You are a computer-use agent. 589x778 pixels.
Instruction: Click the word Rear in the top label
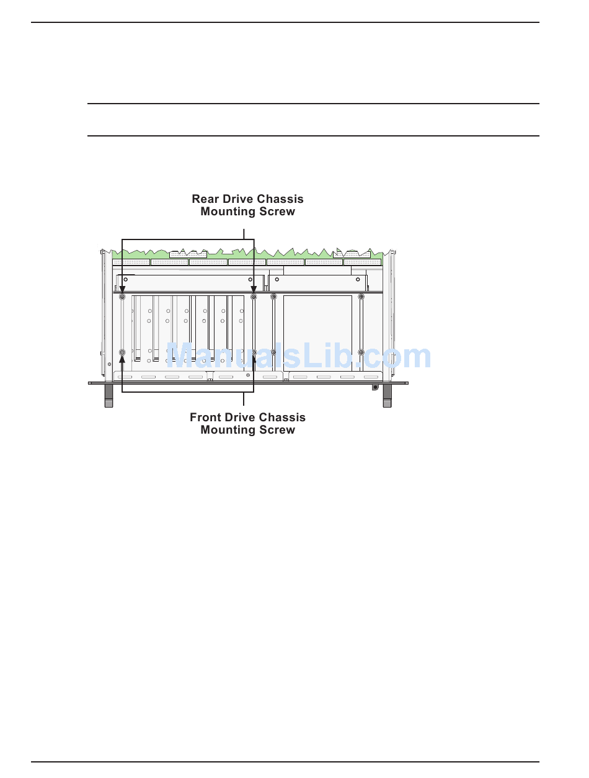205,199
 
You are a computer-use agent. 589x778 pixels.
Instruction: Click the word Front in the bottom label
205,418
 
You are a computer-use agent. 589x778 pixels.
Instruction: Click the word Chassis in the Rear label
280,199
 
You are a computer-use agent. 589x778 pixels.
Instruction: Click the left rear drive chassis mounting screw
122,297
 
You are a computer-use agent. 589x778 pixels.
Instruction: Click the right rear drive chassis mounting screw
254,297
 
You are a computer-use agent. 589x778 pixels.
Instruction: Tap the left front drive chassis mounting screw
122,352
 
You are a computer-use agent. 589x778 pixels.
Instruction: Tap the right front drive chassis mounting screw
254,352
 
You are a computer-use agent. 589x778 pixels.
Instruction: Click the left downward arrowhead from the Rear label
122,290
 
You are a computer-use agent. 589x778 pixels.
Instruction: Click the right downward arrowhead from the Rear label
254,290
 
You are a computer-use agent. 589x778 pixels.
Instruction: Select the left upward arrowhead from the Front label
122,360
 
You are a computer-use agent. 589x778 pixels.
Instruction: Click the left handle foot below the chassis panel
108,395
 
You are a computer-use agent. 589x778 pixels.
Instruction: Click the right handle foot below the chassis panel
387,395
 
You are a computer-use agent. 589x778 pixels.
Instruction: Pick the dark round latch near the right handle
375,387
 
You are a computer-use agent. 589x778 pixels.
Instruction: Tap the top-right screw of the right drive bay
361,297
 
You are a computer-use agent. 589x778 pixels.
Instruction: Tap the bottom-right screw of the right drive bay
361,352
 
